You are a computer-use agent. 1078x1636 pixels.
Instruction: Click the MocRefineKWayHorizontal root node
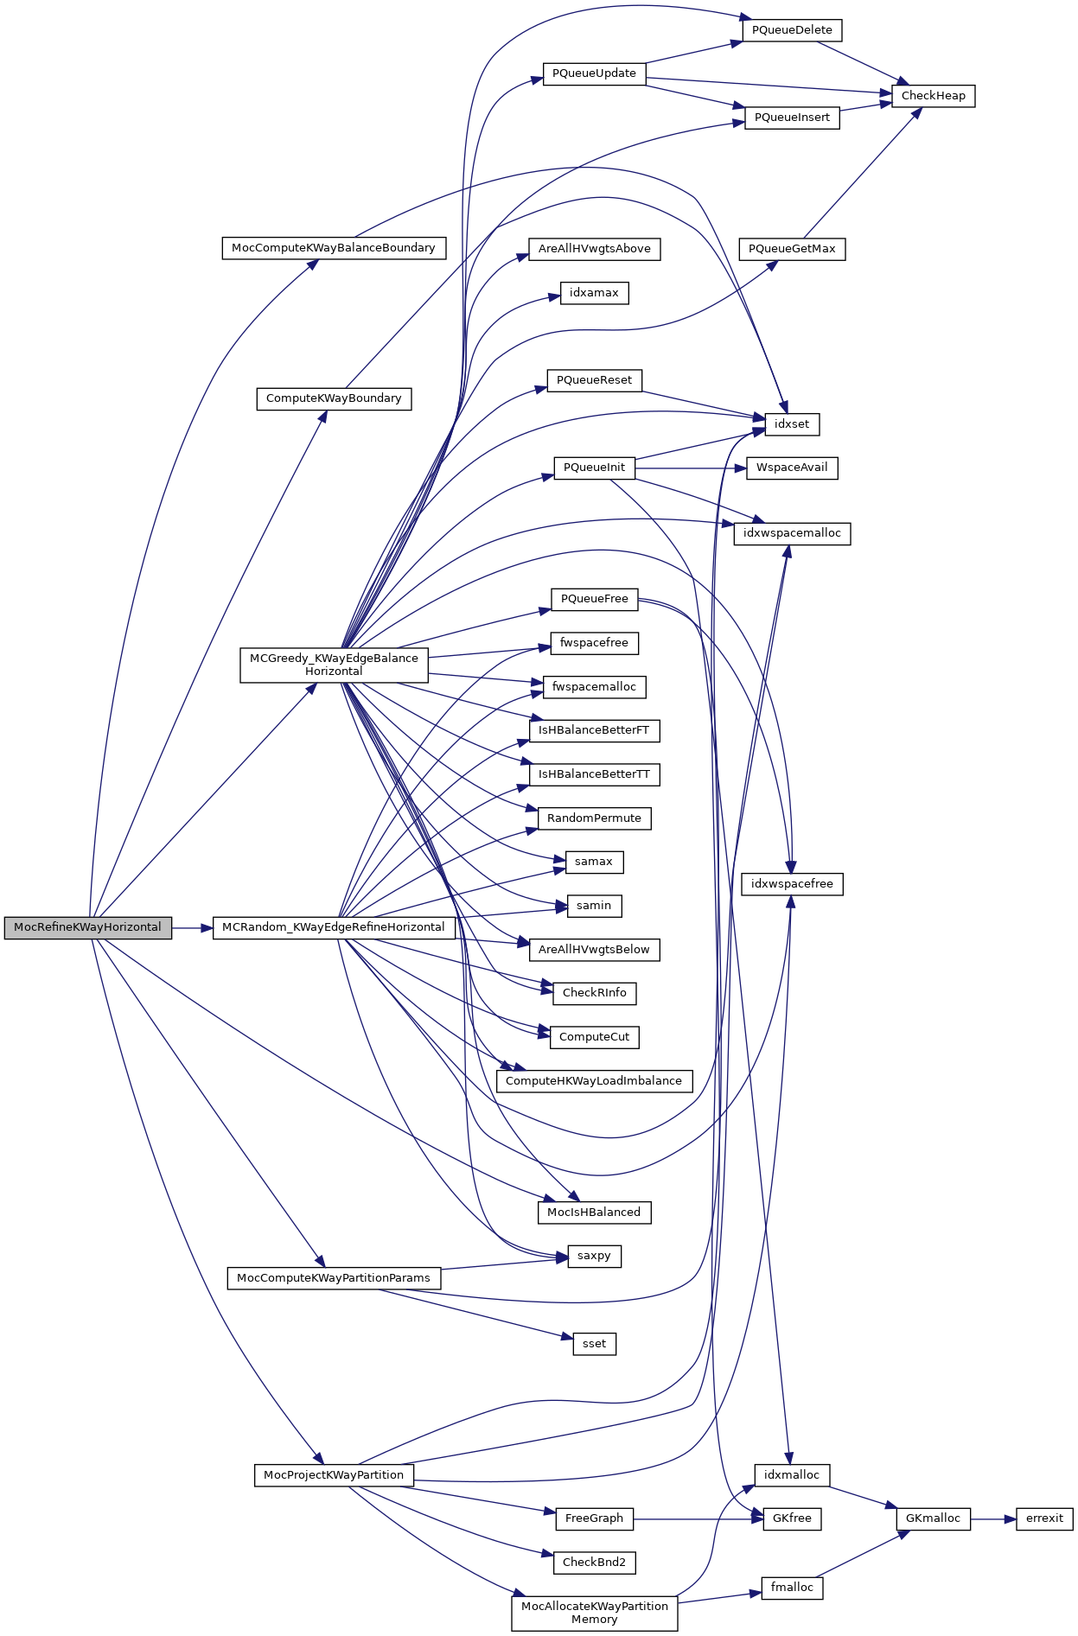(x=87, y=927)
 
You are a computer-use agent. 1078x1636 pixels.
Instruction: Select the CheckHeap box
(x=933, y=96)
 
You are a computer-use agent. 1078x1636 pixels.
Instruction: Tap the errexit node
(x=1044, y=1518)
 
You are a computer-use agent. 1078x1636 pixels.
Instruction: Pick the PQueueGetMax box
(x=792, y=249)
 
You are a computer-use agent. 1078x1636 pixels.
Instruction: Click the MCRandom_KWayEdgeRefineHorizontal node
(x=334, y=927)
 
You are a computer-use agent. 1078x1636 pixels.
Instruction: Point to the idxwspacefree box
(x=792, y=884)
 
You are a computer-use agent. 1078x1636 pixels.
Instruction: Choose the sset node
(x=594, y=1344)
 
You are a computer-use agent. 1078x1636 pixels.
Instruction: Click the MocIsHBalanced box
(x=594, y=1213)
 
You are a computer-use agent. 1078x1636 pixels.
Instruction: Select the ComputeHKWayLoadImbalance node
(x=594, y=1081)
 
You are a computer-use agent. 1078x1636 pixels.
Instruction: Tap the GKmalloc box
(x=933, y=1518)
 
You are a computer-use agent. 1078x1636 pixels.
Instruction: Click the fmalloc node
(x=792, y=1588)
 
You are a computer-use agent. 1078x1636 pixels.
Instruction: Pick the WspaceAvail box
(x=792, y=468)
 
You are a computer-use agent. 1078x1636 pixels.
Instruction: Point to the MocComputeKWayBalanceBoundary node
(x=334, y=248)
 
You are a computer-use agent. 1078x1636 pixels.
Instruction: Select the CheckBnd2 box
(x=594, y=1563)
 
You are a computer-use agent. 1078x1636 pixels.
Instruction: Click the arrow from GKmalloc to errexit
(x=993, y=1518)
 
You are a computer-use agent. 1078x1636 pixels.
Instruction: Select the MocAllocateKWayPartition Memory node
(x=594, y=1613)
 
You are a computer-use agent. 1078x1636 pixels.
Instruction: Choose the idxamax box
(x=594, y=293)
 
